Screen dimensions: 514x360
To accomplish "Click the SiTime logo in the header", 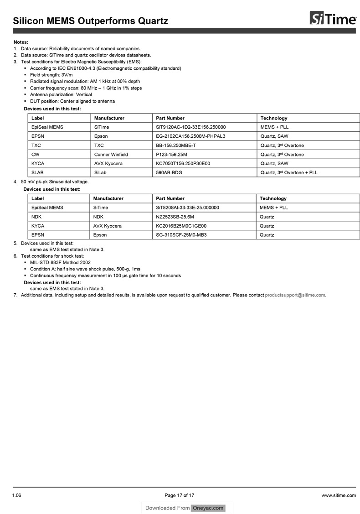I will [333, 19].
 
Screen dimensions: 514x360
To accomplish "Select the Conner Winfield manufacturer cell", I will [111, 155].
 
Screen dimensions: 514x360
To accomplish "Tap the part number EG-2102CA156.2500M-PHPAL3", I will [190, 136].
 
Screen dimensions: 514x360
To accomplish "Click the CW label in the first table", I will [35, 155].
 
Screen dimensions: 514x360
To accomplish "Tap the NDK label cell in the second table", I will [36, 217].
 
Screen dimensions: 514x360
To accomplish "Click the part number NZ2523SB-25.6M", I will [175, 217].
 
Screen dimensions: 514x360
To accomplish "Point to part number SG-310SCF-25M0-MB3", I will [181, 235].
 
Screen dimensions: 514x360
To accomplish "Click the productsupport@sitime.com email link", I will [295, 295].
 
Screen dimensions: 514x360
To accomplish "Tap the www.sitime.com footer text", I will [339, 495].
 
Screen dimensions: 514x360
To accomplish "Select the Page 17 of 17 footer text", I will [180, 495].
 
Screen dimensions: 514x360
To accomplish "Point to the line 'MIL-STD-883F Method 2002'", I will [60, 263].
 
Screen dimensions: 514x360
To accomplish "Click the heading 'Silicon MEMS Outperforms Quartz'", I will [91, 21].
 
